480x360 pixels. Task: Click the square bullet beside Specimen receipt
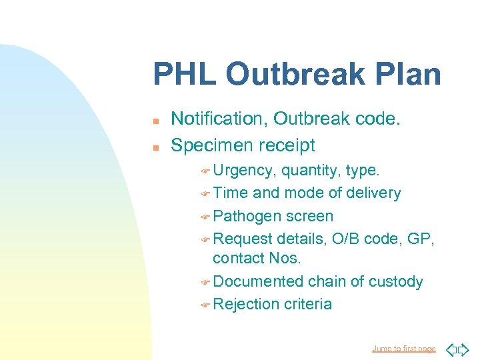[x=155, y=147]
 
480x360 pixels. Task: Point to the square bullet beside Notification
[x=155, y=121]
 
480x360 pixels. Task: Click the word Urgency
[x=244, y=171]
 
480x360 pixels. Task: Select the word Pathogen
[x=247, y=216]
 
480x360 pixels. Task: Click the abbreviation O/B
[x=349, y=239]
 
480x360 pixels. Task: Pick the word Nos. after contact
[x=288, y=258]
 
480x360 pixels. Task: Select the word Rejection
[x=246, y=304]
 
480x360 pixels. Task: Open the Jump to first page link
[x=403, y=349]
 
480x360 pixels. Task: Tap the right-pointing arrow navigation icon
[x=464, y=349]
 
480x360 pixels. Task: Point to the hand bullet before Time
[x=205, y=194]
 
